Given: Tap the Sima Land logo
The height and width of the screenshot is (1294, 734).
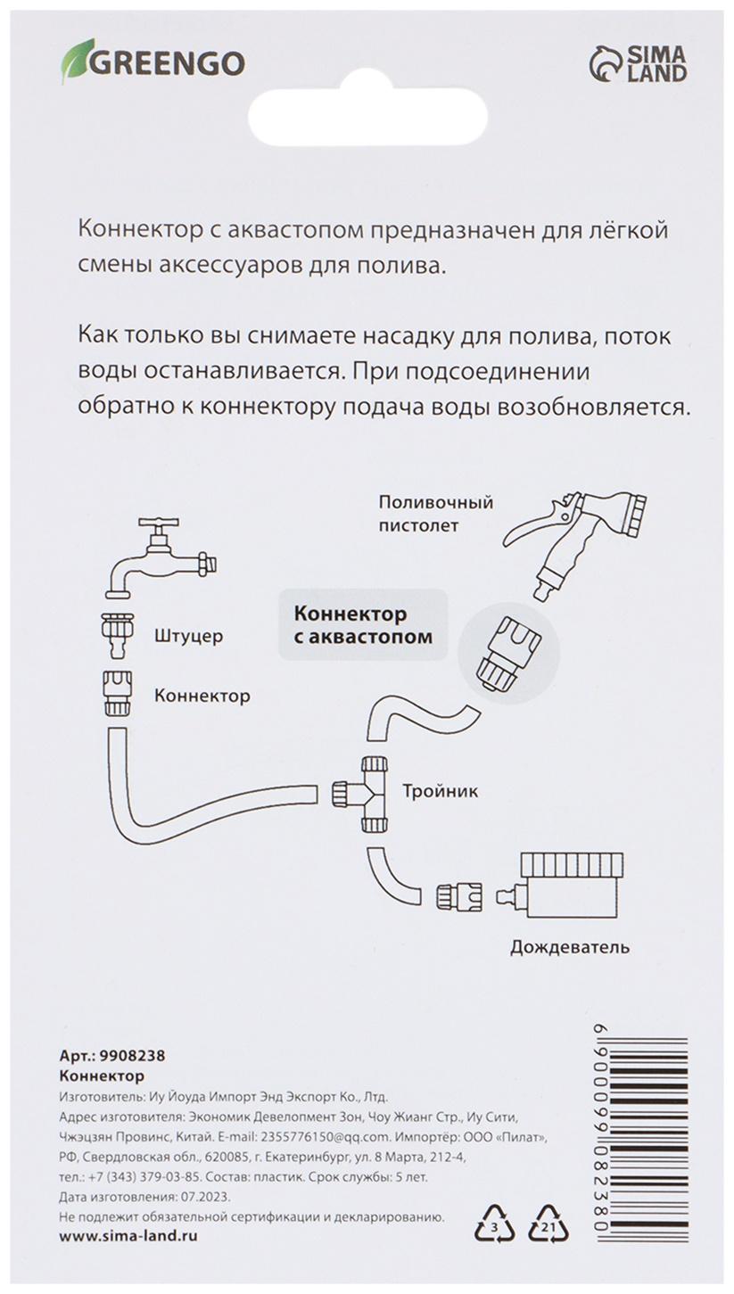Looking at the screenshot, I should point(638,64).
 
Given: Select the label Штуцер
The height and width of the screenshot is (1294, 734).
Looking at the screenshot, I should point(188,637).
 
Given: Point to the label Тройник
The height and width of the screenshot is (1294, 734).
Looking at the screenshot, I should point(440,790).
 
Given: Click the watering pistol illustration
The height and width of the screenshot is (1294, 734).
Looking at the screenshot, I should point(580,540).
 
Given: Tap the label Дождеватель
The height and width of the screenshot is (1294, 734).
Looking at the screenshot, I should point(569,946).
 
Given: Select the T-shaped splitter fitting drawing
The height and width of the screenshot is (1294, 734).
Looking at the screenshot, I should point(366,792).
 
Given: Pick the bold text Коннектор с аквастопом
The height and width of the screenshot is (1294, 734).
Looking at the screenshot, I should point(363,625).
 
